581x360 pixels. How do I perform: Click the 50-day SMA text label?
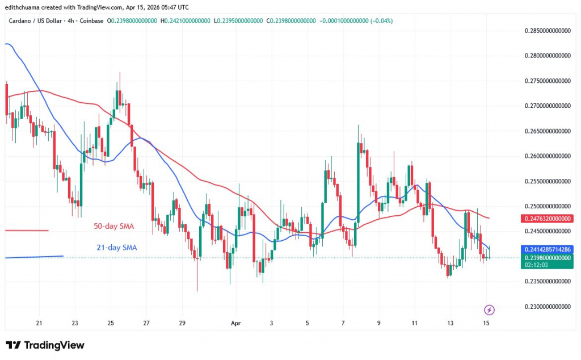click(114, 227)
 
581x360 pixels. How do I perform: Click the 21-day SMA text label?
click(116, 248)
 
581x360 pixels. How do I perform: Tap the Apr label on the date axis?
click(237, 323)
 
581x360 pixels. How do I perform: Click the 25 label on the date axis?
click(111, 323)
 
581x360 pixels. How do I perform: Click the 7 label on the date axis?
click(343, 323)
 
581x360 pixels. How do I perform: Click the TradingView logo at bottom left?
click(45, 345)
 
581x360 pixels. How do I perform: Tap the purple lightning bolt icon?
click(489, 309)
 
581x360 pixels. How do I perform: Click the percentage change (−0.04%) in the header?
click(381, 21)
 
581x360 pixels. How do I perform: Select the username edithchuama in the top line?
click(24, 7)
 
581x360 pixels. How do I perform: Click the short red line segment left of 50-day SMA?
click(26, 230)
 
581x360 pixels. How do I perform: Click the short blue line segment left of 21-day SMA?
click(33, 257)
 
